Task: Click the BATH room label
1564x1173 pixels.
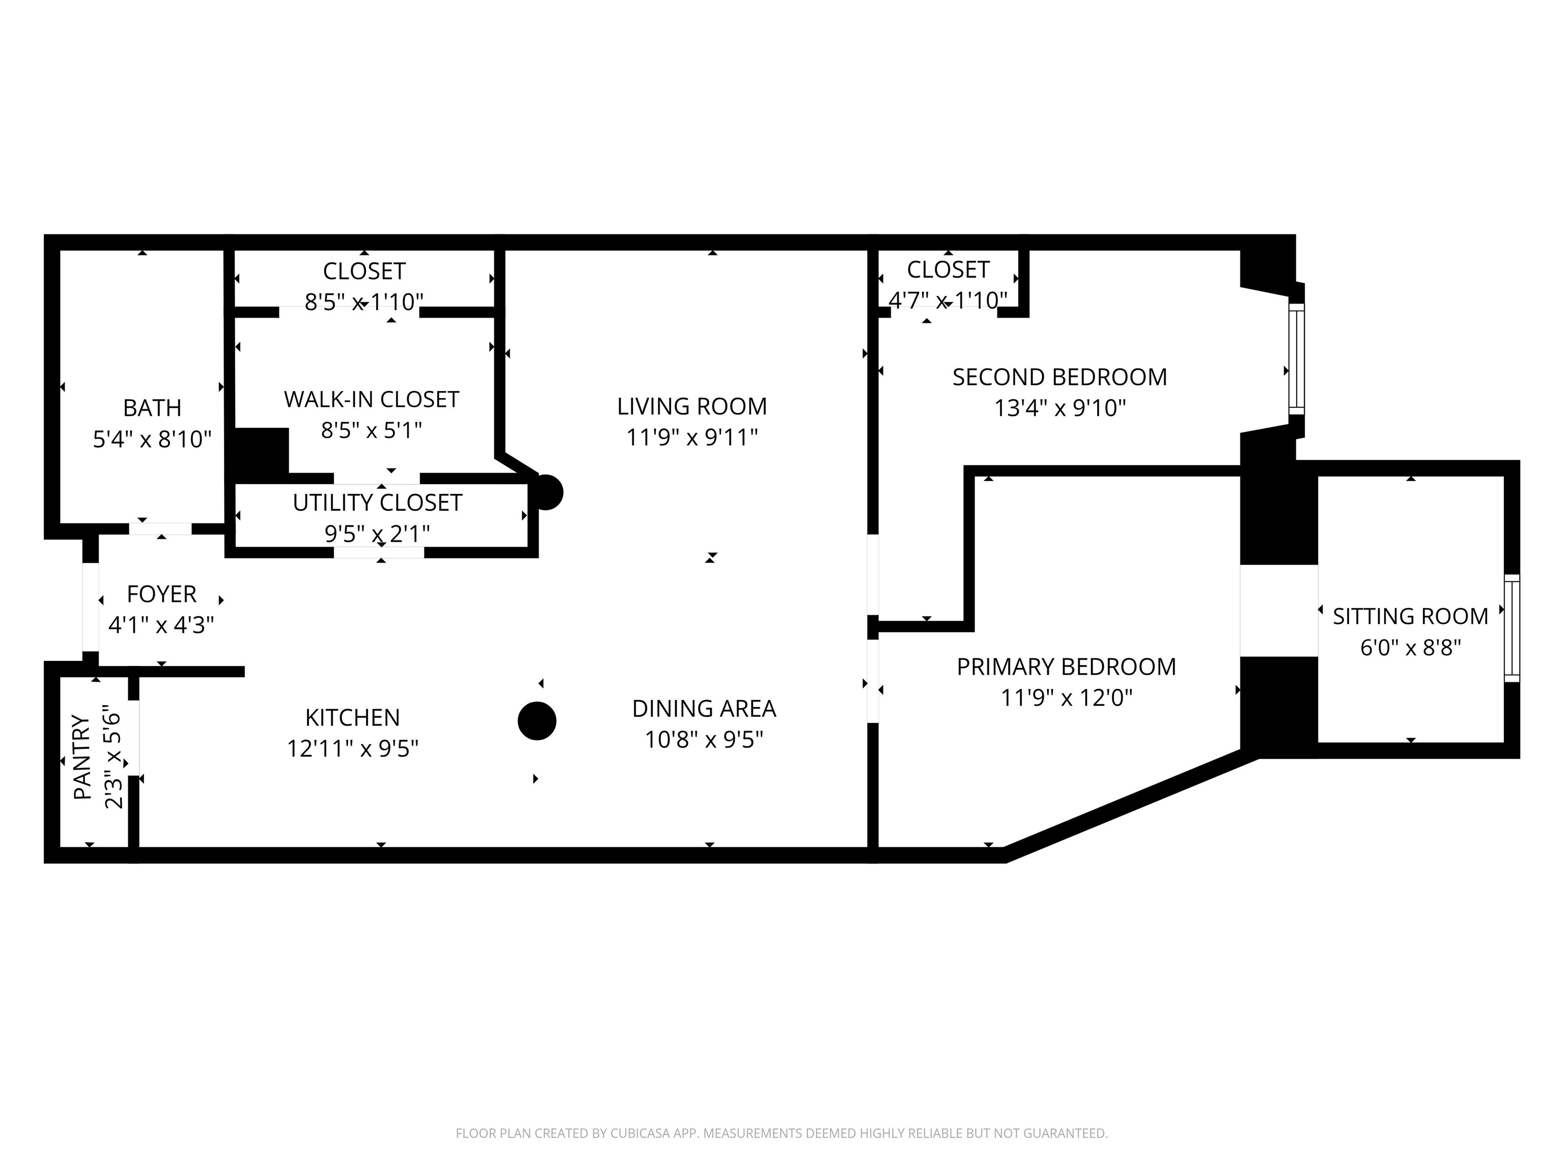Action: [x=152, y=408]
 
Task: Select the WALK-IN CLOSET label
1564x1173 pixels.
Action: [x=371, y=400]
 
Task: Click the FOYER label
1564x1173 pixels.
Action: [x=161, y=594]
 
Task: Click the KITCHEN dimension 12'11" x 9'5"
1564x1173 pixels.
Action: [x=352, y=748]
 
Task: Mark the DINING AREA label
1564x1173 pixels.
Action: [x=704, y=709]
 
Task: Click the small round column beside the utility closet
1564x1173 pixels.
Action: [x=547, y=492]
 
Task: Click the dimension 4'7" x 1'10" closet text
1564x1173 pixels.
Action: [x=947, y=300]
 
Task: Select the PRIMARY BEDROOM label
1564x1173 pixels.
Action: [x=1066, y=667]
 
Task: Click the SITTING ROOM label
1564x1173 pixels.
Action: [x=1410, y=617]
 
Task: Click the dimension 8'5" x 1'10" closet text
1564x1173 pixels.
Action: [x=364, y=302]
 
